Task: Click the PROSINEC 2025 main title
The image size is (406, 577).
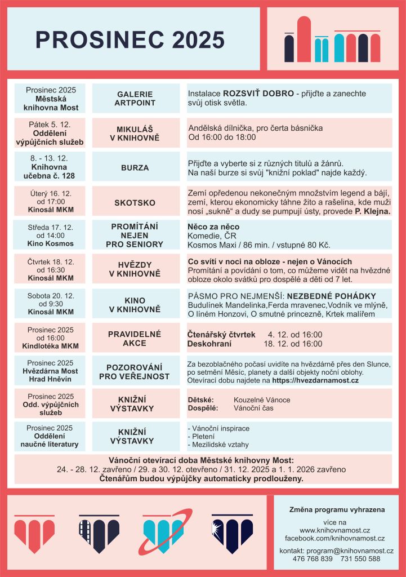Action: (130, 39)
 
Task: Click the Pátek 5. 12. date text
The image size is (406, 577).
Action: (50, 123)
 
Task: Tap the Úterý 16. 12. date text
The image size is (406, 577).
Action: (50, 193)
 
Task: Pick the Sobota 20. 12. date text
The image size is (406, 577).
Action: (50, 295)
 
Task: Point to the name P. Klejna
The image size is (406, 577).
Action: (372, 211)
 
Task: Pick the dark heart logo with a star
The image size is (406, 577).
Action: (232, 533)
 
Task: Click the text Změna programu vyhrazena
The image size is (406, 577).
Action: (337, 509)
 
